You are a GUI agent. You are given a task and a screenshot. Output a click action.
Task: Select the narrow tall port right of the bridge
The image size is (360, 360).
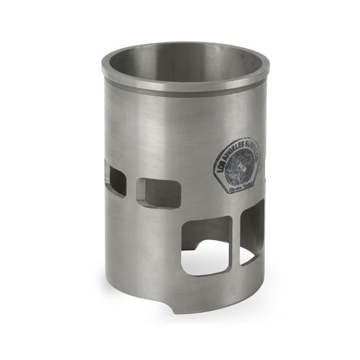click(251, 233)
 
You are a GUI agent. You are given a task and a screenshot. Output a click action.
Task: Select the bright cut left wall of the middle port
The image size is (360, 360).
click(141, 193)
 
